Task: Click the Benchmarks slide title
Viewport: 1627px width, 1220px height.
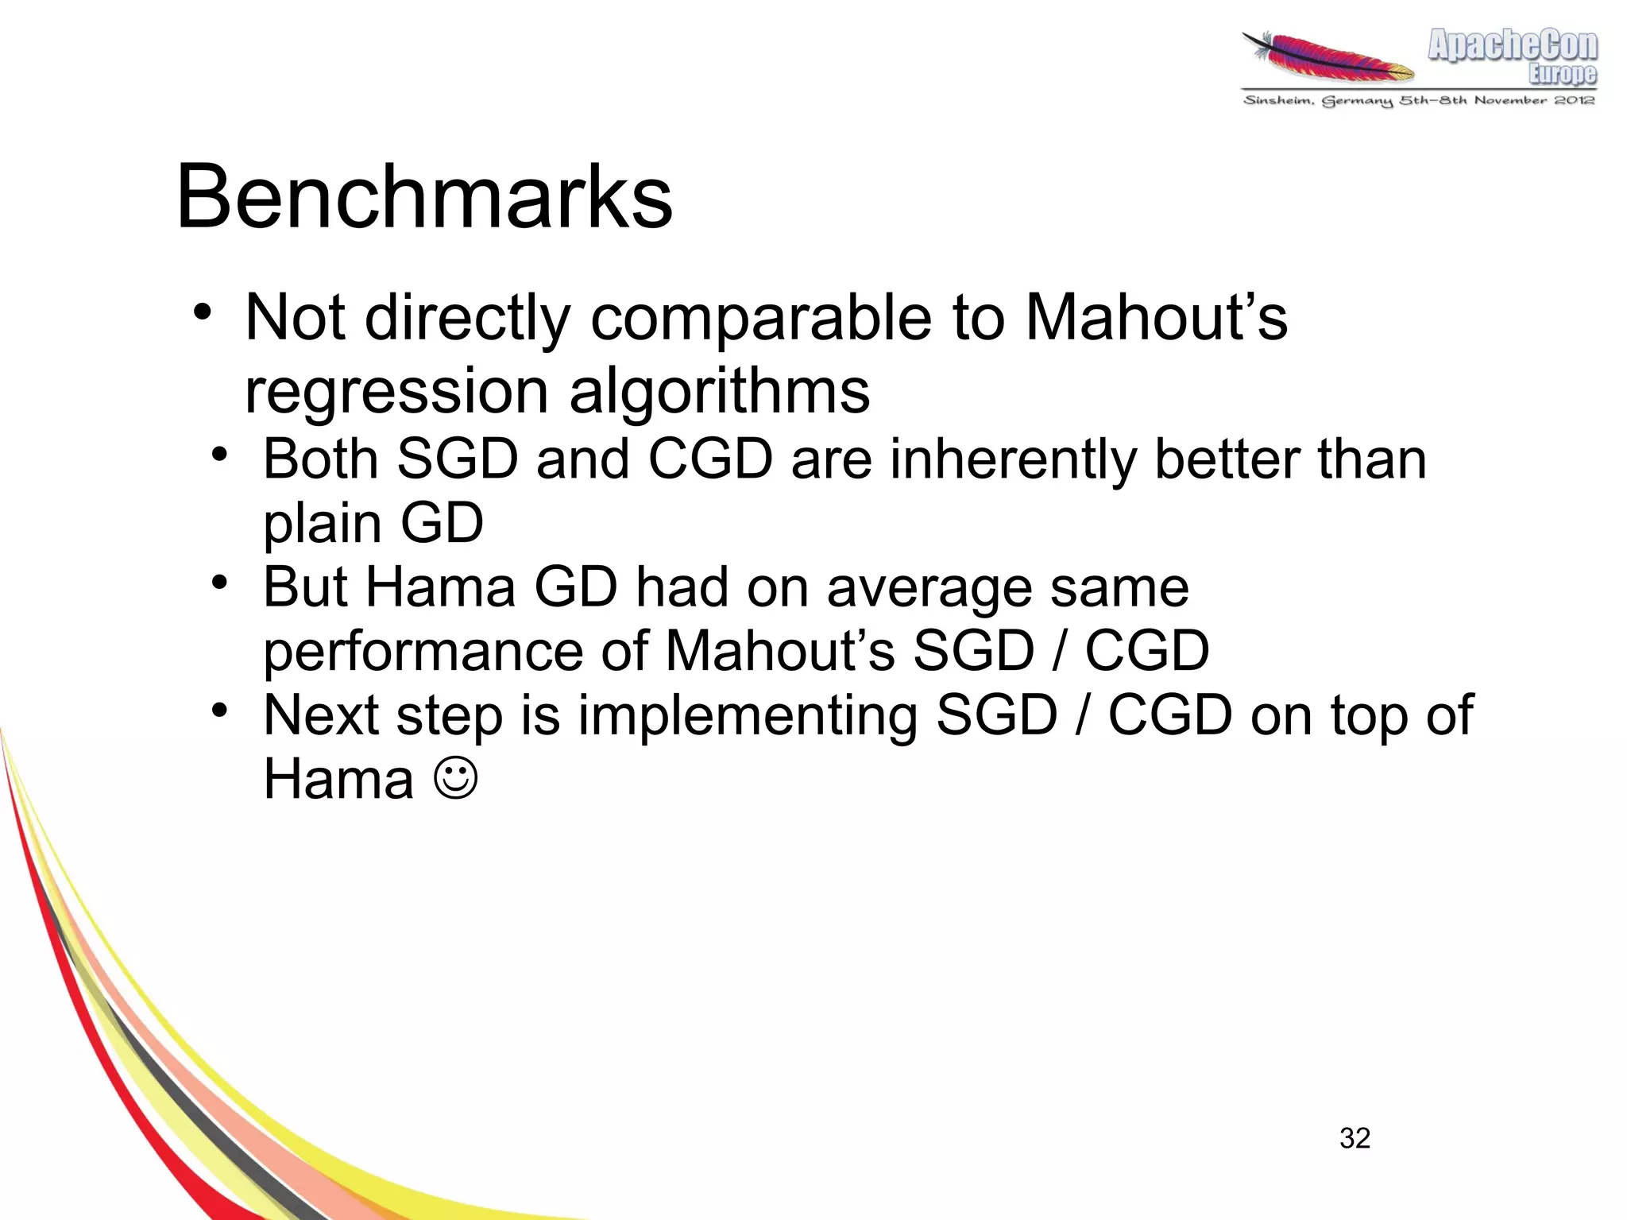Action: [x=424, y=197]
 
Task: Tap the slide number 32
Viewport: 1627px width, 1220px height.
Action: [x=1355, y=1138]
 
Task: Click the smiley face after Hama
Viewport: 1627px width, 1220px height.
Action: [x=456, y=779]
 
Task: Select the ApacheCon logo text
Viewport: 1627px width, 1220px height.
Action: [x=1512, y=46]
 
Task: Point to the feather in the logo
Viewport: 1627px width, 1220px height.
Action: [x=1327, y=57]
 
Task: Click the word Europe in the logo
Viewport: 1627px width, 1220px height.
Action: [x=1562, y=75]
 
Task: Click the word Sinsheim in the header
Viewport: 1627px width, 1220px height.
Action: [x=1278, y=101]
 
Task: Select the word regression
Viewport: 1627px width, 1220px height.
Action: [x=396, y=391]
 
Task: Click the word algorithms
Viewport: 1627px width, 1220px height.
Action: [x=720, y=391]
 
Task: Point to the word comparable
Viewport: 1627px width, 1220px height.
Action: [x=761, y=318]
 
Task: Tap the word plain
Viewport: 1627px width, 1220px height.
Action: [x=323, y=524]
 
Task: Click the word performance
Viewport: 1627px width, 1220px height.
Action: [x=423, y=652]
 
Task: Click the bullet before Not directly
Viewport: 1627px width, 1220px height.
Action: [x=203, y=312]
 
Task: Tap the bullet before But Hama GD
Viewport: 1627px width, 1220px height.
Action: [x=220, y=583]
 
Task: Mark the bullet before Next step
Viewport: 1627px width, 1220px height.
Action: [x=220, y=710]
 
